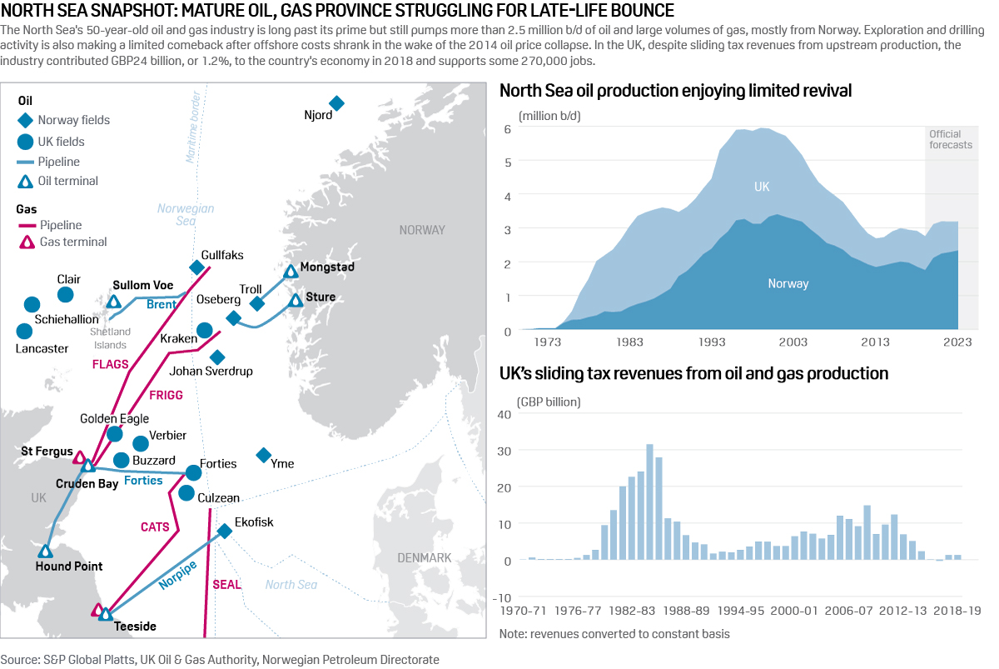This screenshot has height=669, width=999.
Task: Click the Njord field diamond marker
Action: (336, 103)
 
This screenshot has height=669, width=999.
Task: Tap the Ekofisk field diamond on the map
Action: (224, 531)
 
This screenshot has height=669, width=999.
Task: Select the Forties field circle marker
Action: (193, 472)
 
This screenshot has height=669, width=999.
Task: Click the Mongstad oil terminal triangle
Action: (291, 271)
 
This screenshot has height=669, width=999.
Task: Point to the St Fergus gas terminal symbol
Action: (80, 457)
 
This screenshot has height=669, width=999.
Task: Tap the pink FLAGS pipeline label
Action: (111, 364)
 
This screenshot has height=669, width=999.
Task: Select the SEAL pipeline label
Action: (226, 584)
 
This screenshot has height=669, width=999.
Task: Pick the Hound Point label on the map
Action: (69, 567)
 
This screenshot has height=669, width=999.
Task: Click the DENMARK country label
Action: (424, 557)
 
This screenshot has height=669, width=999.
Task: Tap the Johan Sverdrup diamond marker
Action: (217, 357)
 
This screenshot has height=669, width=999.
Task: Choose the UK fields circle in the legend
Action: (26, 142)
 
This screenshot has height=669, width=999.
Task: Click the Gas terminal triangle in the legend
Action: (26, 242)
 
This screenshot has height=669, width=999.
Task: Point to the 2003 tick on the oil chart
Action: (793, 342)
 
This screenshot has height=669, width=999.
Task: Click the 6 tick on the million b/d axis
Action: (507, 128)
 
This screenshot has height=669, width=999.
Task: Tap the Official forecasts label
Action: (950, 139)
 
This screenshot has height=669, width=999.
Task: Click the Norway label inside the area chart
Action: (788, 283)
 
